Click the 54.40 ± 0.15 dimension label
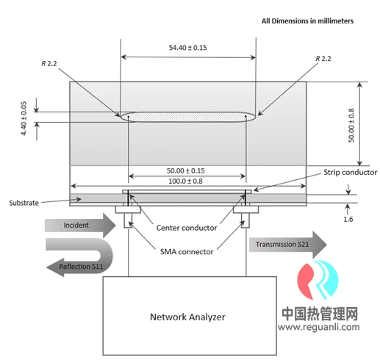(187, 48)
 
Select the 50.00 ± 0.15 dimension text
(186, 170)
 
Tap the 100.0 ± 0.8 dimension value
(185, 181)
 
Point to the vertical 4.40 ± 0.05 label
(24, 118)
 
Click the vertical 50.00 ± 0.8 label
(351, 126)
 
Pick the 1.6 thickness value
(348, 219)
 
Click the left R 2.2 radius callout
(49, 64)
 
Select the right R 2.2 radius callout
(323, 59)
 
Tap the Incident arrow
(80, 226)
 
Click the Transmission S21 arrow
(288, 245)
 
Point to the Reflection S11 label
(81, 267)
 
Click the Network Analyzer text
(187, 317)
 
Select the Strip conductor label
(351, 172)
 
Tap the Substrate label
(24, 203)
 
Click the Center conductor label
(187, 228)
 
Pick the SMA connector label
(187, 252)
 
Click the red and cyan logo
(318, 280)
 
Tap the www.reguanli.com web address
(319, 327)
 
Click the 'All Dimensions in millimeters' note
(307, 21)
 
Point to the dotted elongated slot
(187, 117)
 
